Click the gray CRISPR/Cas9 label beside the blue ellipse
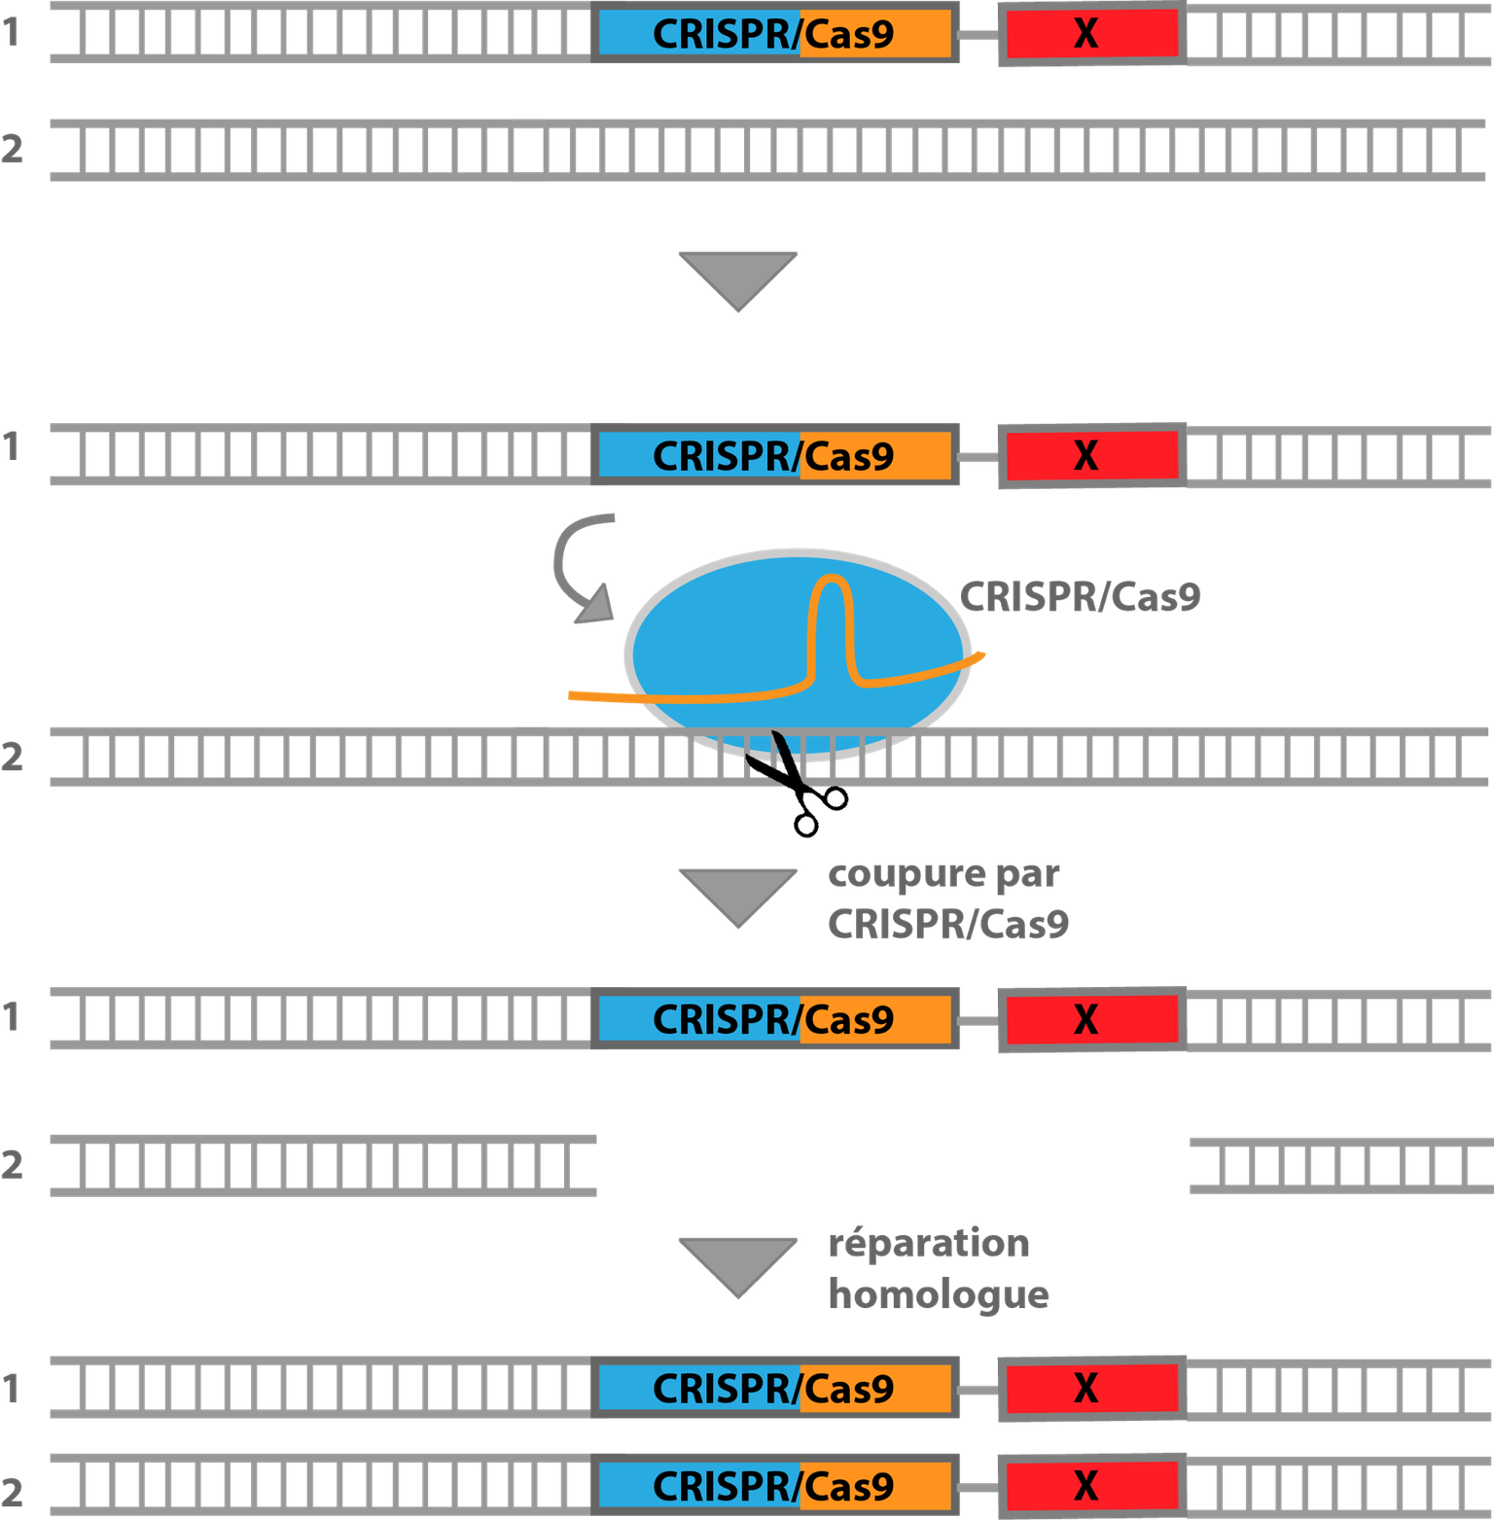click(1080, 597)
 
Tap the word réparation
click(929, 1245)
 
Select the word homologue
click(939, 1294)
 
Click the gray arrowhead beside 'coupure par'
click(737, 895)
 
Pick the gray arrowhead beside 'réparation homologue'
click(737, 1263)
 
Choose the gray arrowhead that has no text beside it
click(737, 278)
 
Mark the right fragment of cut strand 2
click(1340, 1165)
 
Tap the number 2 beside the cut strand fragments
click(13, 1164)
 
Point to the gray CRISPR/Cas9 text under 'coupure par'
click(948, 924)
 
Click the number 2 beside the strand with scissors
click(13, 757)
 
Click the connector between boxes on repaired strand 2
click(978, 1487)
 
